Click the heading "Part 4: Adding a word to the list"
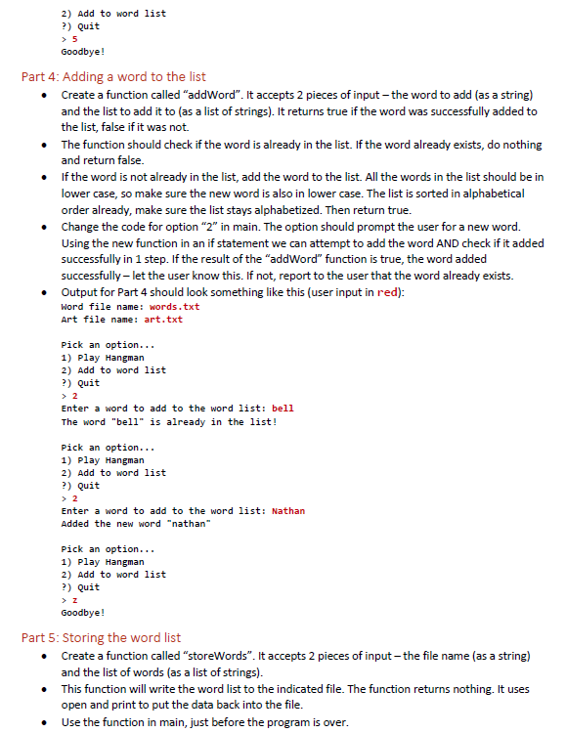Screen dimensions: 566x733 (113, 76)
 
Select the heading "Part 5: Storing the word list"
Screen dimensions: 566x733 (101, 637)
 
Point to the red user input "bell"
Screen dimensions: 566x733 (283, 409)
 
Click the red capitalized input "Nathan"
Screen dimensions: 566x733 (287, 511)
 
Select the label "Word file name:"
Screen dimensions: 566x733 (95, 307)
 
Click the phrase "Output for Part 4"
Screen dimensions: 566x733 (108, 292)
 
